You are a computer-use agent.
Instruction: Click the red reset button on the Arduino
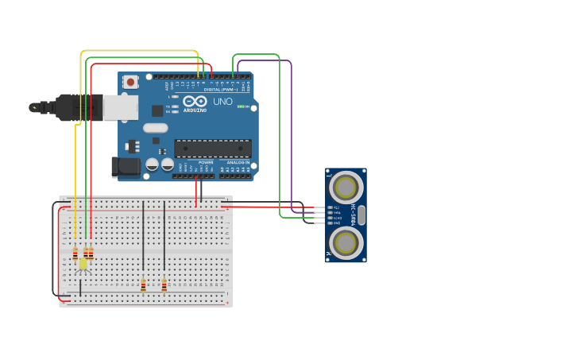pyautogui.click(x=130, y=81)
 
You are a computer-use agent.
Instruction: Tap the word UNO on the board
pyautogui.click(x=223, y=102)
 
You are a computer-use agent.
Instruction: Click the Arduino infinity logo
pyautogui.click(x=195, y=101)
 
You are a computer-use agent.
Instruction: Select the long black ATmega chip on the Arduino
pyautogui.click(x=212, y=149)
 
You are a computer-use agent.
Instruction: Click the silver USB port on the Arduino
pyautogui.click(x=120, y=107)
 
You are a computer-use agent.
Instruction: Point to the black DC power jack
pyautogui.click(x=125, y=166)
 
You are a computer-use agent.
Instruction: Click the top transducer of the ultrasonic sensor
pyautogui.click(x=346, y=188)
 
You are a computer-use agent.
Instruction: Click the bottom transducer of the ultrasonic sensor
pyautogui.click(x=346, y=243)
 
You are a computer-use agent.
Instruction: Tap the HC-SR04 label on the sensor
pyautogui.click(x=354, y=215)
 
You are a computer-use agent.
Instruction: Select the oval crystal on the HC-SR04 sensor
pyautogui.click(x=361, y=215)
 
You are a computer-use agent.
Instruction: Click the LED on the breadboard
pyautogui.click(x=83, y=264)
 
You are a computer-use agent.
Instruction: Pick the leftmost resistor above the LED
pyautogui.click(x=75, y=254)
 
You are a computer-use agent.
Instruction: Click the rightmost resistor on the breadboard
pyautogui.click(x=164, y=285)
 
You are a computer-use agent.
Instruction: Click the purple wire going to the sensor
pyautogui.click(x=291, y=135)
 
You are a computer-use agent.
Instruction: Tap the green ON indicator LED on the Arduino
pyautogui.click(x=242, y=106)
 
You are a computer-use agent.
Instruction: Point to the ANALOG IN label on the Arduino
pyautogui.click(x=238, y=162)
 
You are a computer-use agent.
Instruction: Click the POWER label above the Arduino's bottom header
pyautogui.click(x=195, y=162)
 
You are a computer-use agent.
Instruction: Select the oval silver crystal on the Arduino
pyautogui.click(x=156, y=127)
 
